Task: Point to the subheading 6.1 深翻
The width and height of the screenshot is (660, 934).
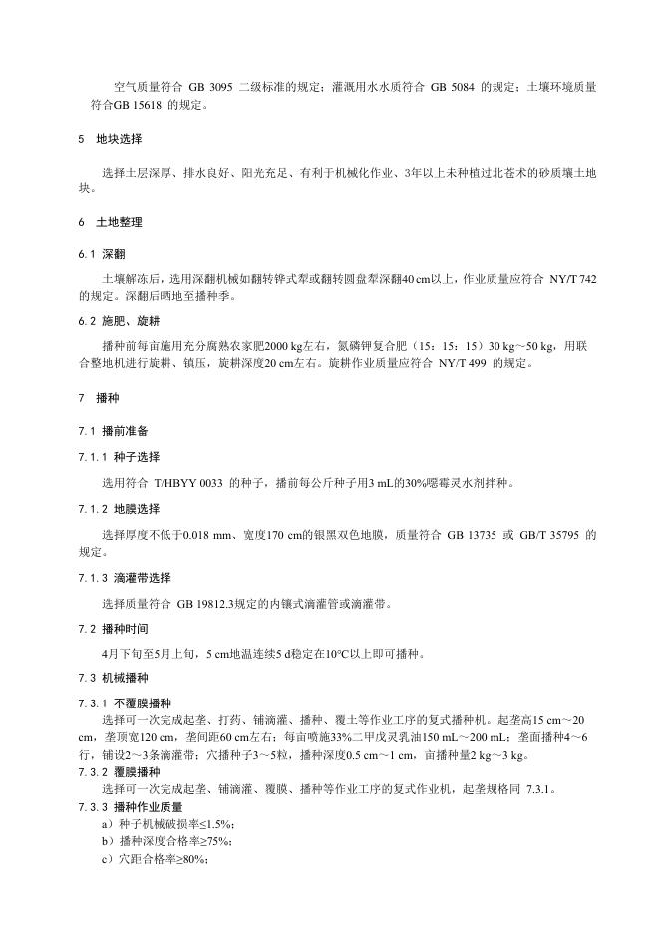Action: (101, 254)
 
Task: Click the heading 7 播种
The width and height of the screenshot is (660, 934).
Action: (96, 397)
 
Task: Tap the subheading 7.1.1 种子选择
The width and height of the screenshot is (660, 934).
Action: (116, 457)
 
